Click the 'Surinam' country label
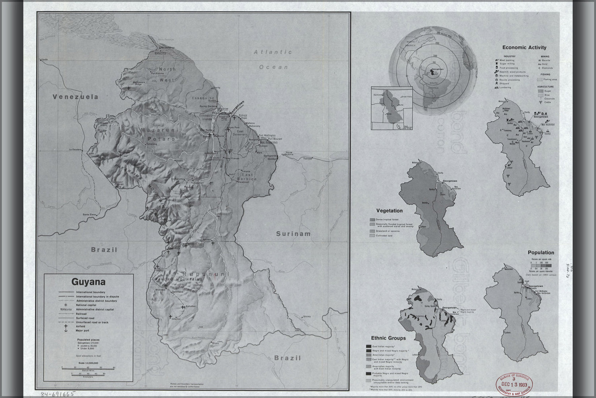coord(293,234)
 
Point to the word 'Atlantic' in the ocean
coord(273,52)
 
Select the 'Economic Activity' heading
coord(524,47)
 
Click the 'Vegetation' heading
coord(389,211)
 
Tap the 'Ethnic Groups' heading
coord(388,338)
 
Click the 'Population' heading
coord(541,252)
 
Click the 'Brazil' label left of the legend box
coord(104,250)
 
